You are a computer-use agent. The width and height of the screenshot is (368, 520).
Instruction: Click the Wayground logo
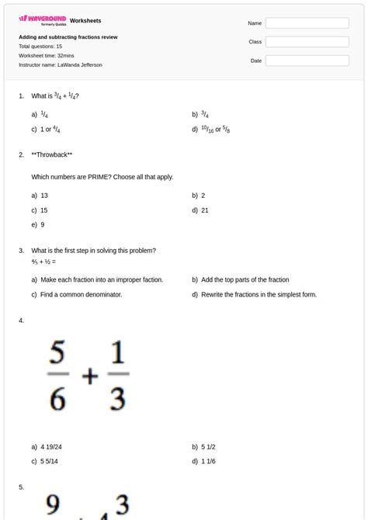42,19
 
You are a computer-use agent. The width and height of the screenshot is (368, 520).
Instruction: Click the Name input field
307,23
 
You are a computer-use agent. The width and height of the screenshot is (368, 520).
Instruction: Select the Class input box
307,42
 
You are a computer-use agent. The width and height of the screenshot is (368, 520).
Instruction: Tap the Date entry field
307,61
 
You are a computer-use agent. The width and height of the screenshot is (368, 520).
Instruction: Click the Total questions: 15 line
40,47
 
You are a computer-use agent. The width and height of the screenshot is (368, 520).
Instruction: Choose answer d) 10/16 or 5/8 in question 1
211,130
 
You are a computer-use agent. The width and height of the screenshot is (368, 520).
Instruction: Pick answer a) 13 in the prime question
40,196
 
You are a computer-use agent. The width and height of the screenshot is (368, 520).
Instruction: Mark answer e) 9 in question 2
39,225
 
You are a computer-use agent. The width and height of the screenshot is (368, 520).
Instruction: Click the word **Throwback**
52,154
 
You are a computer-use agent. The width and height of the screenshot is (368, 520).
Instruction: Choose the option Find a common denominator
81,295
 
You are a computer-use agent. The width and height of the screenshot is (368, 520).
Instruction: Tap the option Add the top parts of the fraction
245,280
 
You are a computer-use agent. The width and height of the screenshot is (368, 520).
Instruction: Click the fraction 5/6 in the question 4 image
57,376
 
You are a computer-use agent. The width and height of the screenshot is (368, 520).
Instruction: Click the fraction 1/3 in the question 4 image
117,376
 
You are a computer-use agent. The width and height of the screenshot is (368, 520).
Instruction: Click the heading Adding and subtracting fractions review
68,37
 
